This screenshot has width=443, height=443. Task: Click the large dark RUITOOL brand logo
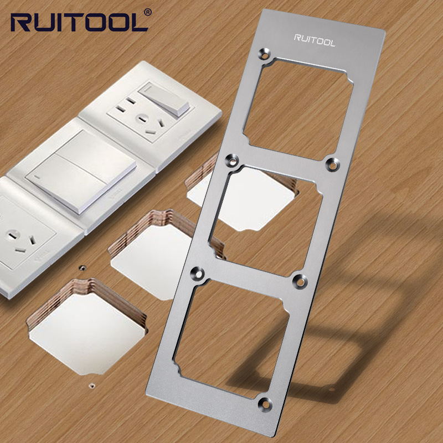tap(79, 22)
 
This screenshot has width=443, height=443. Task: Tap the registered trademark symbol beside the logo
tap(148, 12)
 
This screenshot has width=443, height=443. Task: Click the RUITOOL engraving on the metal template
tap(315, 40)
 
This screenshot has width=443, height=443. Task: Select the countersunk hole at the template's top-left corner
tap(265, 54)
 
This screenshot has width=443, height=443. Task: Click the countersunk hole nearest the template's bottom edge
tap(265, 404)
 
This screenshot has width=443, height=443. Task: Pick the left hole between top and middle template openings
tap(232, 161)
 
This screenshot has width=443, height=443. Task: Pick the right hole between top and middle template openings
tap(333, 164)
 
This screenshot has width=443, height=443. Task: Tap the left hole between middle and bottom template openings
tap(198, 274)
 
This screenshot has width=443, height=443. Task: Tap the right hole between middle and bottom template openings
tap(300, 281)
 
